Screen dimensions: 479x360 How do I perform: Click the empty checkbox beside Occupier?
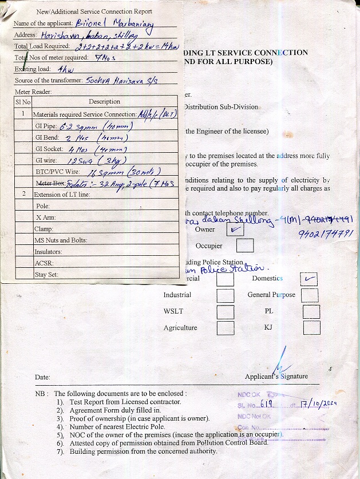(244, 246)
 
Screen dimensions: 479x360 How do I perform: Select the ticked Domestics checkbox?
(309, 279)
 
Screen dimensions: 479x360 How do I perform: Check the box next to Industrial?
(226, 295)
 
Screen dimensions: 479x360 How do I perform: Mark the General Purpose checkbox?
(310, 295)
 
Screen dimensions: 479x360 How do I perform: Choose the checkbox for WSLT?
(226, 312)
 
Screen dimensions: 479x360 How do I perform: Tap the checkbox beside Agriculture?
(226, 328)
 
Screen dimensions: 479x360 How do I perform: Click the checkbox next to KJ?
(312, 328)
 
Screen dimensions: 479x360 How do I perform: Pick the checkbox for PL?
(311, 312)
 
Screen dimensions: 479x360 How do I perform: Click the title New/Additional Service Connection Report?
(94, 11)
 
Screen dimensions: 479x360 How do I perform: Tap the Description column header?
(104, 102)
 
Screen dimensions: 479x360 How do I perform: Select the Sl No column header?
(23, 102)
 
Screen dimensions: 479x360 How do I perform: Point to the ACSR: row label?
(45, 263)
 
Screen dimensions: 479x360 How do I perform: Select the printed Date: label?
(42, 378)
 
